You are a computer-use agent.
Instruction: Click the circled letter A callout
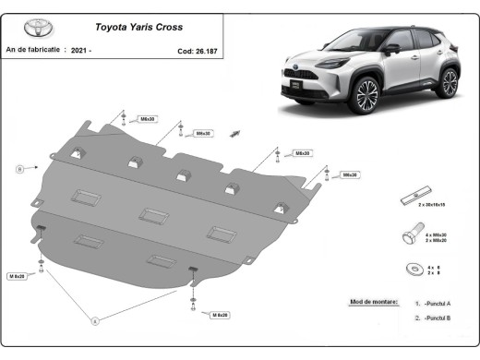click(x=94, y=320)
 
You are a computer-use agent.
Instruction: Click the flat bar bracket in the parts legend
click(x=413, y=199)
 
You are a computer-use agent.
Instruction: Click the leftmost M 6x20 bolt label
click(x=18, y=276)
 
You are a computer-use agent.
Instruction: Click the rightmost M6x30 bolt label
click(x=350, y=174)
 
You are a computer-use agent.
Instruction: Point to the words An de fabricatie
click(x=32, y=51)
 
